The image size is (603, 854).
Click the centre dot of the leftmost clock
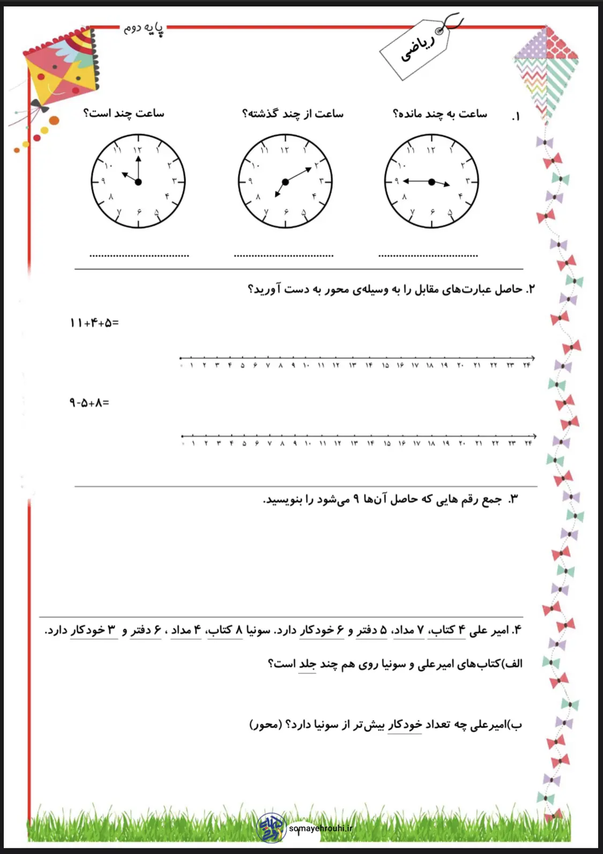tap(138, 182)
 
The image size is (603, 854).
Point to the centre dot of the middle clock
tap(285, 182)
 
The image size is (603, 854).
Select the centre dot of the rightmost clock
tap(431, 182)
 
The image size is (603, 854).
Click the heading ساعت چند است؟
tap(124, 113)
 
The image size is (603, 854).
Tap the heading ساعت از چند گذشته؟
tap(293, 114)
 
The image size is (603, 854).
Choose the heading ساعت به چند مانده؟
tap(440, 114)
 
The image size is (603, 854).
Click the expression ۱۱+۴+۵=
tap(94, 323)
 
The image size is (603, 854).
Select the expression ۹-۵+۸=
tap(89, 403)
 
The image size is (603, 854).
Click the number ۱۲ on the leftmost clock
tap(137, 151)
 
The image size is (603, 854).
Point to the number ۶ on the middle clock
tap(286, 212)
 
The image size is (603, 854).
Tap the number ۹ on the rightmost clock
tap(397, 181)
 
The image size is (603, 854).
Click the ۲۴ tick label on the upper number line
tap(526, 366)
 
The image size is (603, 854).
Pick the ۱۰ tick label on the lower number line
tap(308, 443)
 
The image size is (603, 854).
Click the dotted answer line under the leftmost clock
tap(139, 256)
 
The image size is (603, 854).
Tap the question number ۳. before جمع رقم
tap(513, 500)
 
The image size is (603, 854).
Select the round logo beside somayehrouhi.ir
tap(272, 828)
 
